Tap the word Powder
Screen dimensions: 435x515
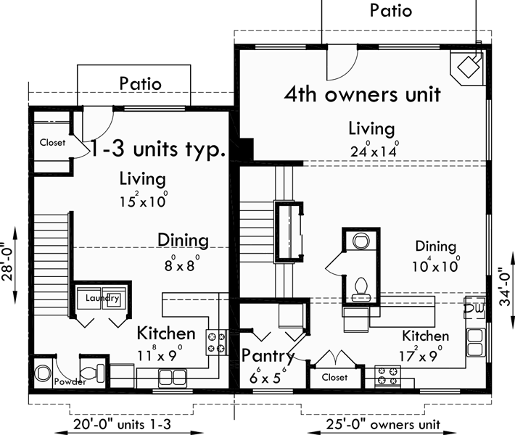70,381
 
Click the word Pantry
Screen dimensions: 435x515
268,356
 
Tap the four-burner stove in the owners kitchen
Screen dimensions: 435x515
387,376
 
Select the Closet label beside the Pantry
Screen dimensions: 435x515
334,377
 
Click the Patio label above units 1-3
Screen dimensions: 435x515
141,83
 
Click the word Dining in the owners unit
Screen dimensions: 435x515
435,246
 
